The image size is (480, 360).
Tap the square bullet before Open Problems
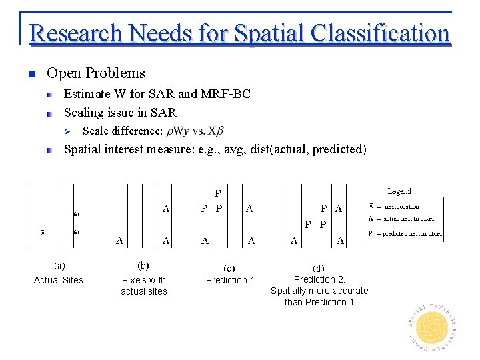(31, 74)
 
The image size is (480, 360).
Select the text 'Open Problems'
(96, 73)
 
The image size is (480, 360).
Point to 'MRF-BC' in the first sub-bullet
(226, 94)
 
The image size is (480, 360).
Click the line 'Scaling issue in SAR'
(120, 112)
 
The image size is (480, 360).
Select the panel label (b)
(144, 265)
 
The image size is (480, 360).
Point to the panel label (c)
(230, 267)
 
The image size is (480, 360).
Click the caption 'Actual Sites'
(59, 280)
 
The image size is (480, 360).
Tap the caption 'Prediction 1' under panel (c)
(230, 280)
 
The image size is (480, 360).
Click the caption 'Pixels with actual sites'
(144, 285)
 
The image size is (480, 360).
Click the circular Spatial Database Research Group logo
(431, 323)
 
